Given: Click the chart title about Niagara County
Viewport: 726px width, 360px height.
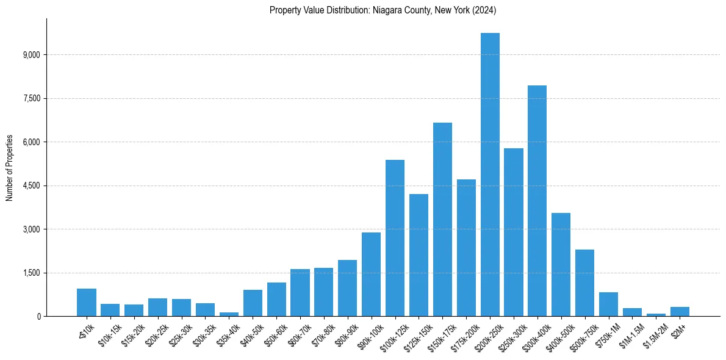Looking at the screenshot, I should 383,10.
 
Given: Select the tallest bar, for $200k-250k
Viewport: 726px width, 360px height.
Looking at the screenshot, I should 490,175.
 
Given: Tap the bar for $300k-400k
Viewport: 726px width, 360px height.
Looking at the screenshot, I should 537,201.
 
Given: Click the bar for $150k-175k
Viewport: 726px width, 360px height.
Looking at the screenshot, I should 442,220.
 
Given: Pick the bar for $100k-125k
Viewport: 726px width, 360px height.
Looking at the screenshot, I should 395,238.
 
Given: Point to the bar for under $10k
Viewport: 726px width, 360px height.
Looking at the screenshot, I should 87,303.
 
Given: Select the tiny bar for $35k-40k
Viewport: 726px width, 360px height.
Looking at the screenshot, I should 229,314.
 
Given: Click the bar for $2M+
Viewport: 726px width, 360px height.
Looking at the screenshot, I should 680,312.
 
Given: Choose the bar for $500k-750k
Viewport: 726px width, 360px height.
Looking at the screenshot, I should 584,283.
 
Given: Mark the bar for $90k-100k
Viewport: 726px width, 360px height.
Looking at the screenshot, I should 371,275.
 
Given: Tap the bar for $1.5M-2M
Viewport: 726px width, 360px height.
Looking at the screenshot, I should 656,315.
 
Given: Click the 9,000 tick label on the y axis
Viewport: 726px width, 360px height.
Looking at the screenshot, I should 31,55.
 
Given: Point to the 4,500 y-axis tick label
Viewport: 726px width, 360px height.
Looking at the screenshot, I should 31,186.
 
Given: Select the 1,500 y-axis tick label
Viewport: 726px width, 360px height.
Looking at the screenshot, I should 31,273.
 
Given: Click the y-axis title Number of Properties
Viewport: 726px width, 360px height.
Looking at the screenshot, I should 10,168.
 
